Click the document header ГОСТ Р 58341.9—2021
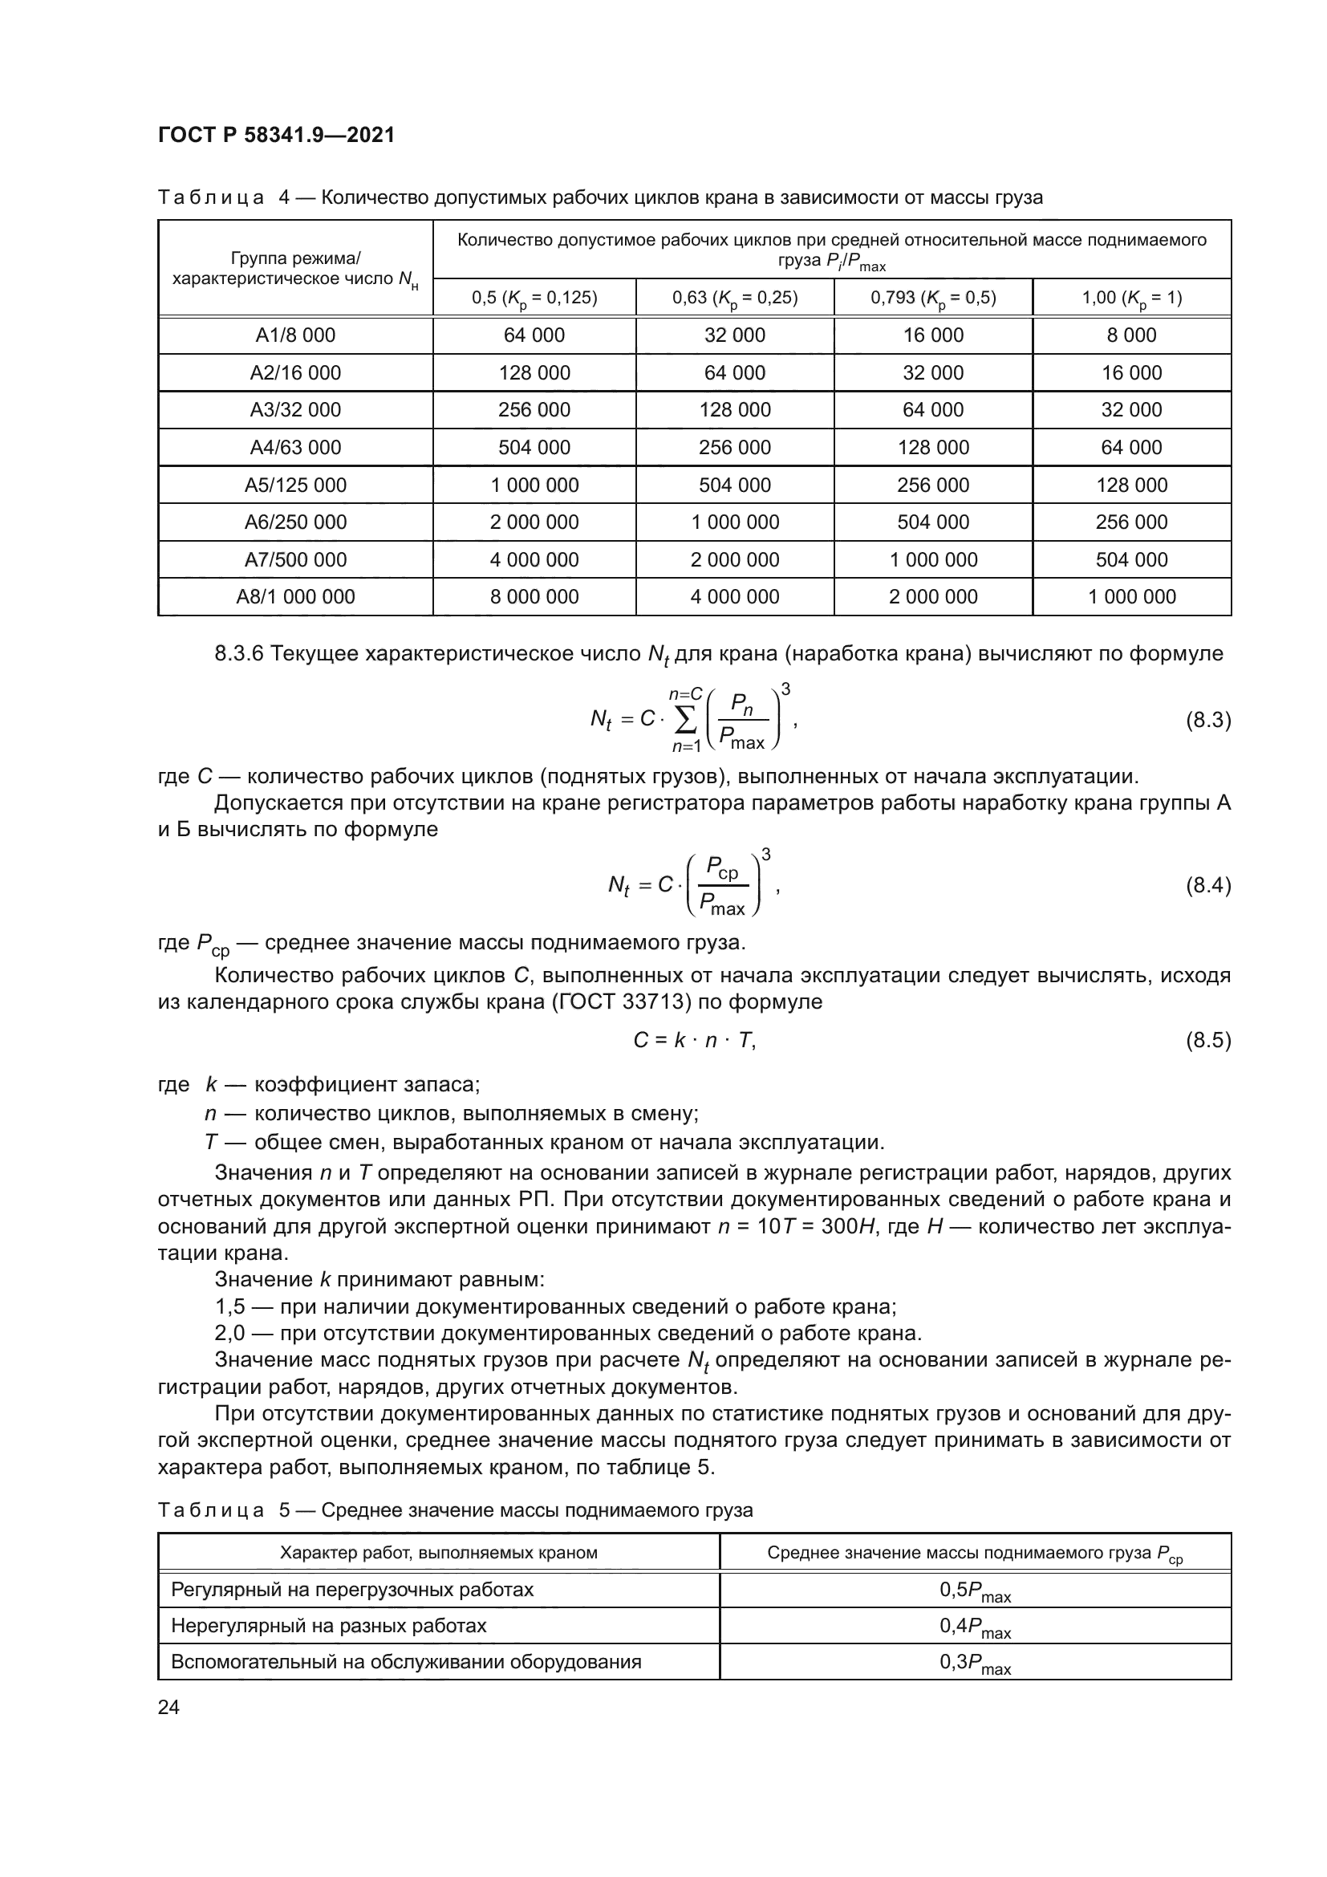(x=276, y=136)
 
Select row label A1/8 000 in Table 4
(x=295, y=335)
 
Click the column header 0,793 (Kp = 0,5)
(x=933, y=298)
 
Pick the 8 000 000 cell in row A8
(x=534, y=597)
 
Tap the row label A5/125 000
(x=295, y=485)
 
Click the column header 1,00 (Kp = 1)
(x=1132, y=298)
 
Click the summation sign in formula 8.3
(x=685, y=719)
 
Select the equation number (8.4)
(x=1207, y=885)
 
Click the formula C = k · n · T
(x=695, y=1040)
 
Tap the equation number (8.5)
(x=1207, y=1040)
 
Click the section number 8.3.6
(x=238, y=654)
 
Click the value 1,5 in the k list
(x=229, y=1307)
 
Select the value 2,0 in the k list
(x=229, y=1334)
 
